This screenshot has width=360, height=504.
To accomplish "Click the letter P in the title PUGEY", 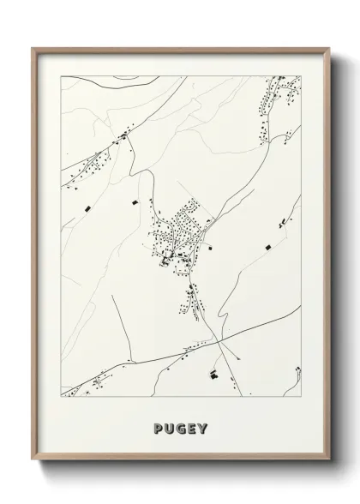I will click(x=158, y=429).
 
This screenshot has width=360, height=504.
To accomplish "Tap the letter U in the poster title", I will click(x=170, y=429).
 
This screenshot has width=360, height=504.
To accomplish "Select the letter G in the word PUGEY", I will click(x=181, y=429).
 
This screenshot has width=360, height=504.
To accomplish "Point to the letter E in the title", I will click(x=192, y=429).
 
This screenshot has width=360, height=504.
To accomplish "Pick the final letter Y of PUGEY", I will click(x=203, y=429).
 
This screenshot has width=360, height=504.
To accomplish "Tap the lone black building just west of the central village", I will click(x=134, y=202).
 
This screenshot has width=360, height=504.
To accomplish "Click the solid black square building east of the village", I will click(x=266, y=247).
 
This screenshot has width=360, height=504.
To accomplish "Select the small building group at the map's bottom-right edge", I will click(x=296, y=375).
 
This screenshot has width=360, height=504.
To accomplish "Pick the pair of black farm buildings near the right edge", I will click(x=282, y=224).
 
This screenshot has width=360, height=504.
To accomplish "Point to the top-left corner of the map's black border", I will click(x=61, y=76).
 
